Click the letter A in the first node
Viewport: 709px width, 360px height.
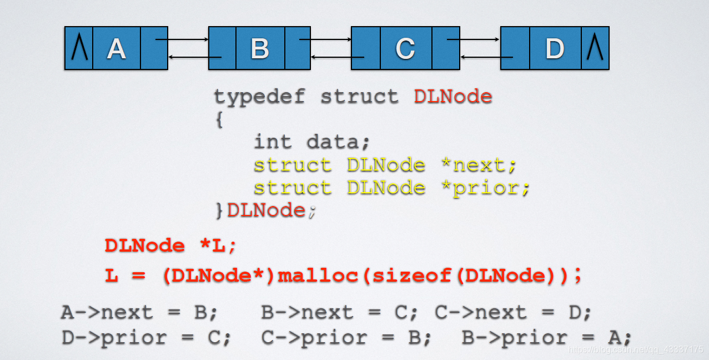coord(116,49)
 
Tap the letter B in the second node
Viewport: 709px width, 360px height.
coord(259,49)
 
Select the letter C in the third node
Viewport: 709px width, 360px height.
coord(405,49)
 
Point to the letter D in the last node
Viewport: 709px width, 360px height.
coord(555,49)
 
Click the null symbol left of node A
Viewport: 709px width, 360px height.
coord(79,48)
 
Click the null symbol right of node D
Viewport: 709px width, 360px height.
coord(595,48)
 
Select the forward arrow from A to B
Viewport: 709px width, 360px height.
coord(182,39)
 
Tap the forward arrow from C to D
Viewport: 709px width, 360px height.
coord(473,39)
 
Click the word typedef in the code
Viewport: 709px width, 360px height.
coord(259,97)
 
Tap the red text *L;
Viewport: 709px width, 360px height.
coord(217,246)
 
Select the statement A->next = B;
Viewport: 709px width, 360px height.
coord(139,313)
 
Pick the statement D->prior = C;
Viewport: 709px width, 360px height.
coord(146,337)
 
